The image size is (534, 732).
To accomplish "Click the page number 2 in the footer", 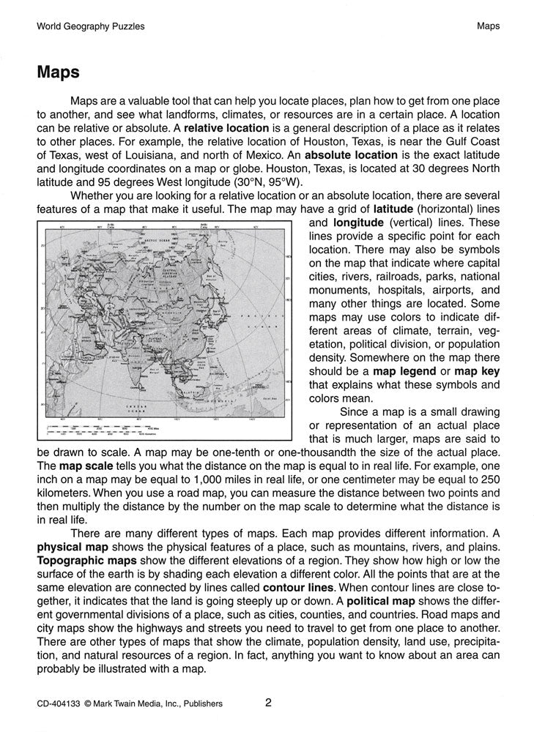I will coord(268,703).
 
